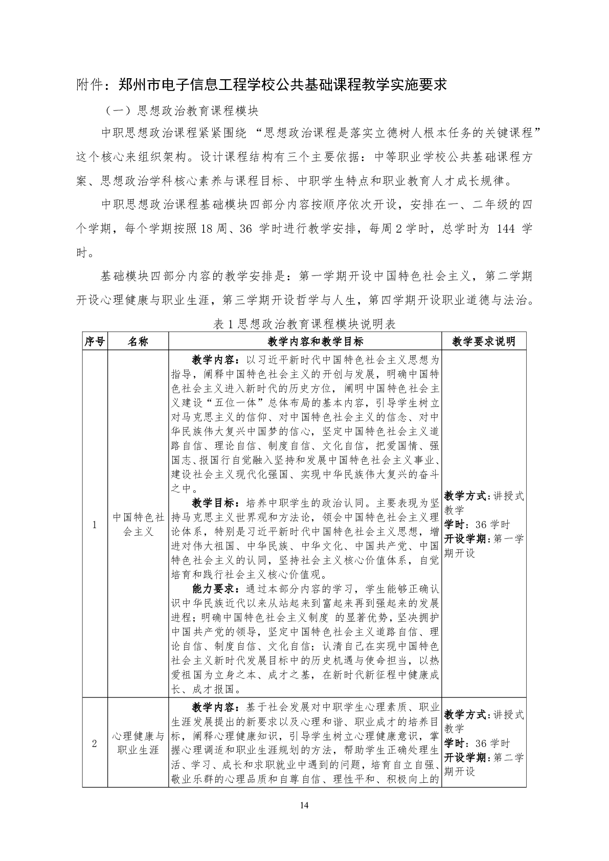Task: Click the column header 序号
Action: click(x=95, y=342)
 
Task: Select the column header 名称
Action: click(x=138, y=342)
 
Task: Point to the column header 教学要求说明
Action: click(x=484, y=342)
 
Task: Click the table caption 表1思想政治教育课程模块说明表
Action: click(x=304, y=324)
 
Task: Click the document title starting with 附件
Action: click(x=261, y=84)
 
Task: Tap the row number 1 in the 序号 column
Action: click(x=95, y=525)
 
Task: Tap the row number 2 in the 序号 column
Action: click(x=95, y=743)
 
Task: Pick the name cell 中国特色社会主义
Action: click(x=138, y=525)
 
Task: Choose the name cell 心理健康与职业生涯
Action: click(x=138, y=743)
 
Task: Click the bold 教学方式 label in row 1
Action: click(x=464, y=496)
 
